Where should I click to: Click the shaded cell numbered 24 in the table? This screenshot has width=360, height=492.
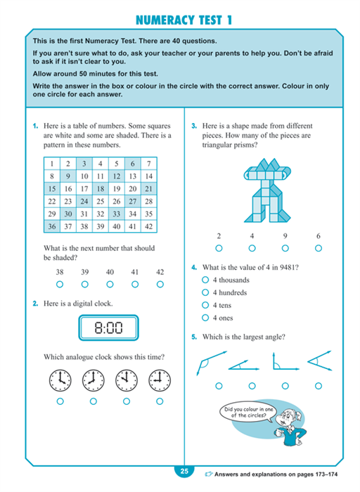(x=84, y=201)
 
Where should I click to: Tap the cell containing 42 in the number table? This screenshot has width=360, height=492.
(x=149, y=226)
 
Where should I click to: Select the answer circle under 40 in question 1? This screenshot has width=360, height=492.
(x=110, y=284)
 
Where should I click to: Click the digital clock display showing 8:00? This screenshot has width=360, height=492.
(x=108, y=328)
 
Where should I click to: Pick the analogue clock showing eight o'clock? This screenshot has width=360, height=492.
(x=94, y=380)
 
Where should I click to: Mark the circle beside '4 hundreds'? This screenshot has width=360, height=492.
(x=205, y=292)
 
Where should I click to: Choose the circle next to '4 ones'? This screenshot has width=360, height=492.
(x=205, y=318)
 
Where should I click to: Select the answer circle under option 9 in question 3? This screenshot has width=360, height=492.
(x=285, y=248)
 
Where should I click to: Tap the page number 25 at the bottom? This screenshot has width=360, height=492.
(x=184, y=471)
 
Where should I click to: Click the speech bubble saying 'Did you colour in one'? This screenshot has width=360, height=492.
(x=248, y=413)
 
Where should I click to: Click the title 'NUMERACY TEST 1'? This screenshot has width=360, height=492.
(x=184, y=20)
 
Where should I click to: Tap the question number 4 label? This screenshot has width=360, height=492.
(x=194, y=268)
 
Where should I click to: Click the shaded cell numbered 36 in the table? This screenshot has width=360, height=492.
(x=52, y=226)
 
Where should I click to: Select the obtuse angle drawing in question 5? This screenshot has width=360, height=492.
(x=211, y=363)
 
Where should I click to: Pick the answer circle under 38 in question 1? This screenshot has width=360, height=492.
(x=60, y=284)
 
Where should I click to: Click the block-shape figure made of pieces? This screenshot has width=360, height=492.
(x=267, y=190)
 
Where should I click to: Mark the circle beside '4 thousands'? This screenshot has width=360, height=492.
(x=205, y=280)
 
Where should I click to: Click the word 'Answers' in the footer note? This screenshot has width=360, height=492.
(x=226, y=474)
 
